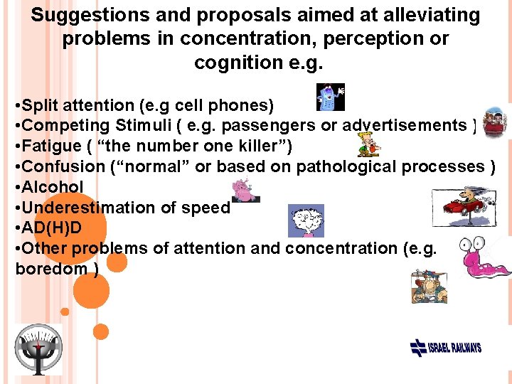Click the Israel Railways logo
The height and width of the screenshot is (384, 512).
point(446,348)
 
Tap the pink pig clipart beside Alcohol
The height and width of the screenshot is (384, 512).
point(246,190)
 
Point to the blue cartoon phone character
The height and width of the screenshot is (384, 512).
point(329,97)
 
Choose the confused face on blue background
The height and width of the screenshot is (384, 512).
point(306,220)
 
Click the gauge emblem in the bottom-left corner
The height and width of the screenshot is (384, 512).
point(38,349)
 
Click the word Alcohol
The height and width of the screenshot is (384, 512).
point(53,187)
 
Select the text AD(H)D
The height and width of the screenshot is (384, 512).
point(53,228)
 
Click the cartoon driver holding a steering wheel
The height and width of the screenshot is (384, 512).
point(428,287)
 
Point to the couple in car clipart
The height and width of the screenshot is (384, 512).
point(495,122)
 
